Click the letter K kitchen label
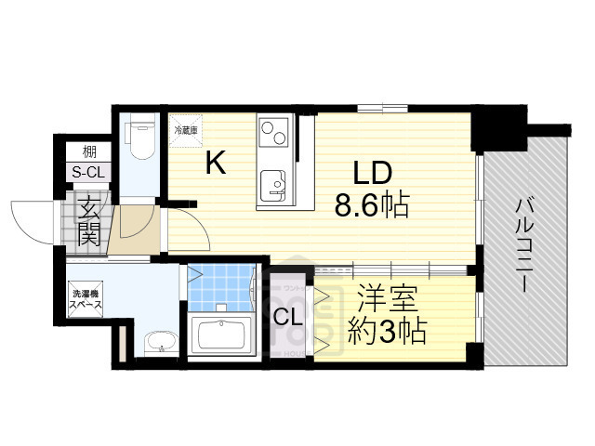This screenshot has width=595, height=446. (215, 164)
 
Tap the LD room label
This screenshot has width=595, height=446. (373, 173)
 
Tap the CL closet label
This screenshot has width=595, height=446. (286, 316)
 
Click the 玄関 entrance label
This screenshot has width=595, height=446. (88, 220)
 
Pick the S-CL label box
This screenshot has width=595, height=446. (88, 172)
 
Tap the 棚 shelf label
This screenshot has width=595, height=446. (88, 151)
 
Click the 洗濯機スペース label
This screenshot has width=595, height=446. (89, 300)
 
